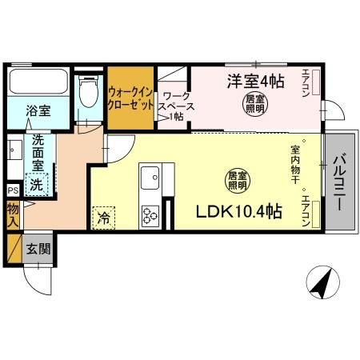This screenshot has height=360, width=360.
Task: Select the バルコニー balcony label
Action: [x=339, y=182]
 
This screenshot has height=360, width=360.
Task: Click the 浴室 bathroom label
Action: [x=37, y=110]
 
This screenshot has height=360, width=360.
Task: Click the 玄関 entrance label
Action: [x=37, y=248]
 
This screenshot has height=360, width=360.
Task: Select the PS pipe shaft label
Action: [x=12, y=190]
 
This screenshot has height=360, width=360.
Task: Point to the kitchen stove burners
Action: [x=151, y=214]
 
